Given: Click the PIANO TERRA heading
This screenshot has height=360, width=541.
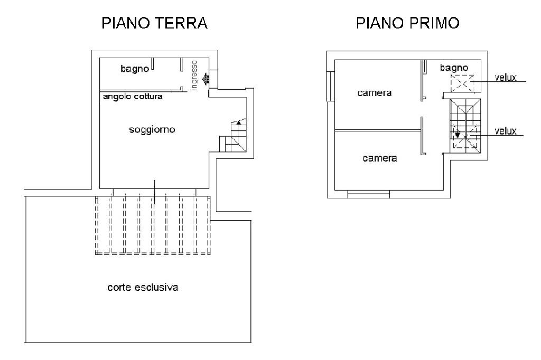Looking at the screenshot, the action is pyautogui.click(x=155, y=23).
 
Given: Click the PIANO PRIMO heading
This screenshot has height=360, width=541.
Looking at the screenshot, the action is pyautogui.click(x=407, y=23).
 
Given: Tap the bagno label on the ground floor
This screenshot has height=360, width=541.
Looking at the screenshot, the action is pyautogui.click(x=135, y=69).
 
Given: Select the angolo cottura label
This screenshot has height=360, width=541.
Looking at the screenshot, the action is pyautogui.click(x=133, y=97).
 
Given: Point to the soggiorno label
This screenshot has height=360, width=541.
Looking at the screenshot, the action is pyautogui.click(x=152, y=129).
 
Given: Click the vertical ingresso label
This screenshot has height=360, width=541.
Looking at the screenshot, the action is pyautogui.click(x=194, y=75).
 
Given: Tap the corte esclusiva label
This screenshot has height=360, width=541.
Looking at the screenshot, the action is pyautogui.click(x=143, y=288).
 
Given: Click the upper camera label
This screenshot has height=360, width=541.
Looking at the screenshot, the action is pyautogui.click(x=375, y=93).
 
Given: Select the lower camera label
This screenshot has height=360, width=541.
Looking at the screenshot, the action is pyautogui.click(x=380, y=158).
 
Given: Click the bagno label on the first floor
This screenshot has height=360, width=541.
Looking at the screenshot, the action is pyautogui.click(x=454, y=68).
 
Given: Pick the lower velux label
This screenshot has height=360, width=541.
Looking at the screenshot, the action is pyautogui.click(x=506, y=131).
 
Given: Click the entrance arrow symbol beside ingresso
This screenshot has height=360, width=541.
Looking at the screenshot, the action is pyautogui.click(x=206, y=80).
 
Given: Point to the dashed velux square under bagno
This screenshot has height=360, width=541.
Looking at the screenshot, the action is pyautogui.click(x=462, y=84).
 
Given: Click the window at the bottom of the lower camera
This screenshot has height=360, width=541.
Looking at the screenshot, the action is pyautogui.click(x=368, y=194).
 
